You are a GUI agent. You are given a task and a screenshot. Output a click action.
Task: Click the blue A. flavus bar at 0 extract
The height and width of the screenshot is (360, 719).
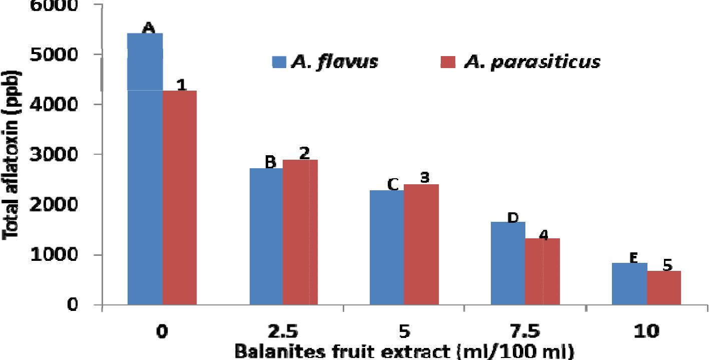pyautogui.click(x=145, y=170)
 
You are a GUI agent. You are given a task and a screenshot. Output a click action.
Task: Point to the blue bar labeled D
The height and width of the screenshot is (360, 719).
pyautogui.click(x=508, y=263)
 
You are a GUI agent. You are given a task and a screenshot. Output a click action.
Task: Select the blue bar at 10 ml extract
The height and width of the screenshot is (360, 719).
pyautogui.click(x=629, y=283)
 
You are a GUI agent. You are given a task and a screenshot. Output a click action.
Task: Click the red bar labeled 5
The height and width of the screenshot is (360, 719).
pyautogui.click(x=663, y=287)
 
